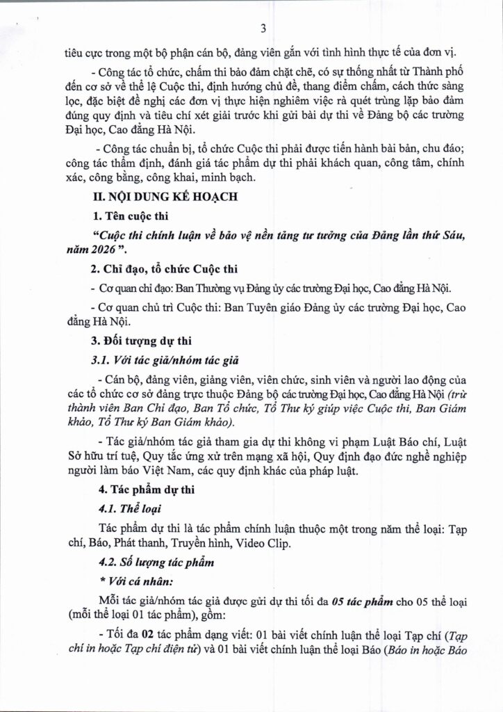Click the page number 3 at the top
263,29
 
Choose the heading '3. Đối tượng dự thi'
135,341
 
